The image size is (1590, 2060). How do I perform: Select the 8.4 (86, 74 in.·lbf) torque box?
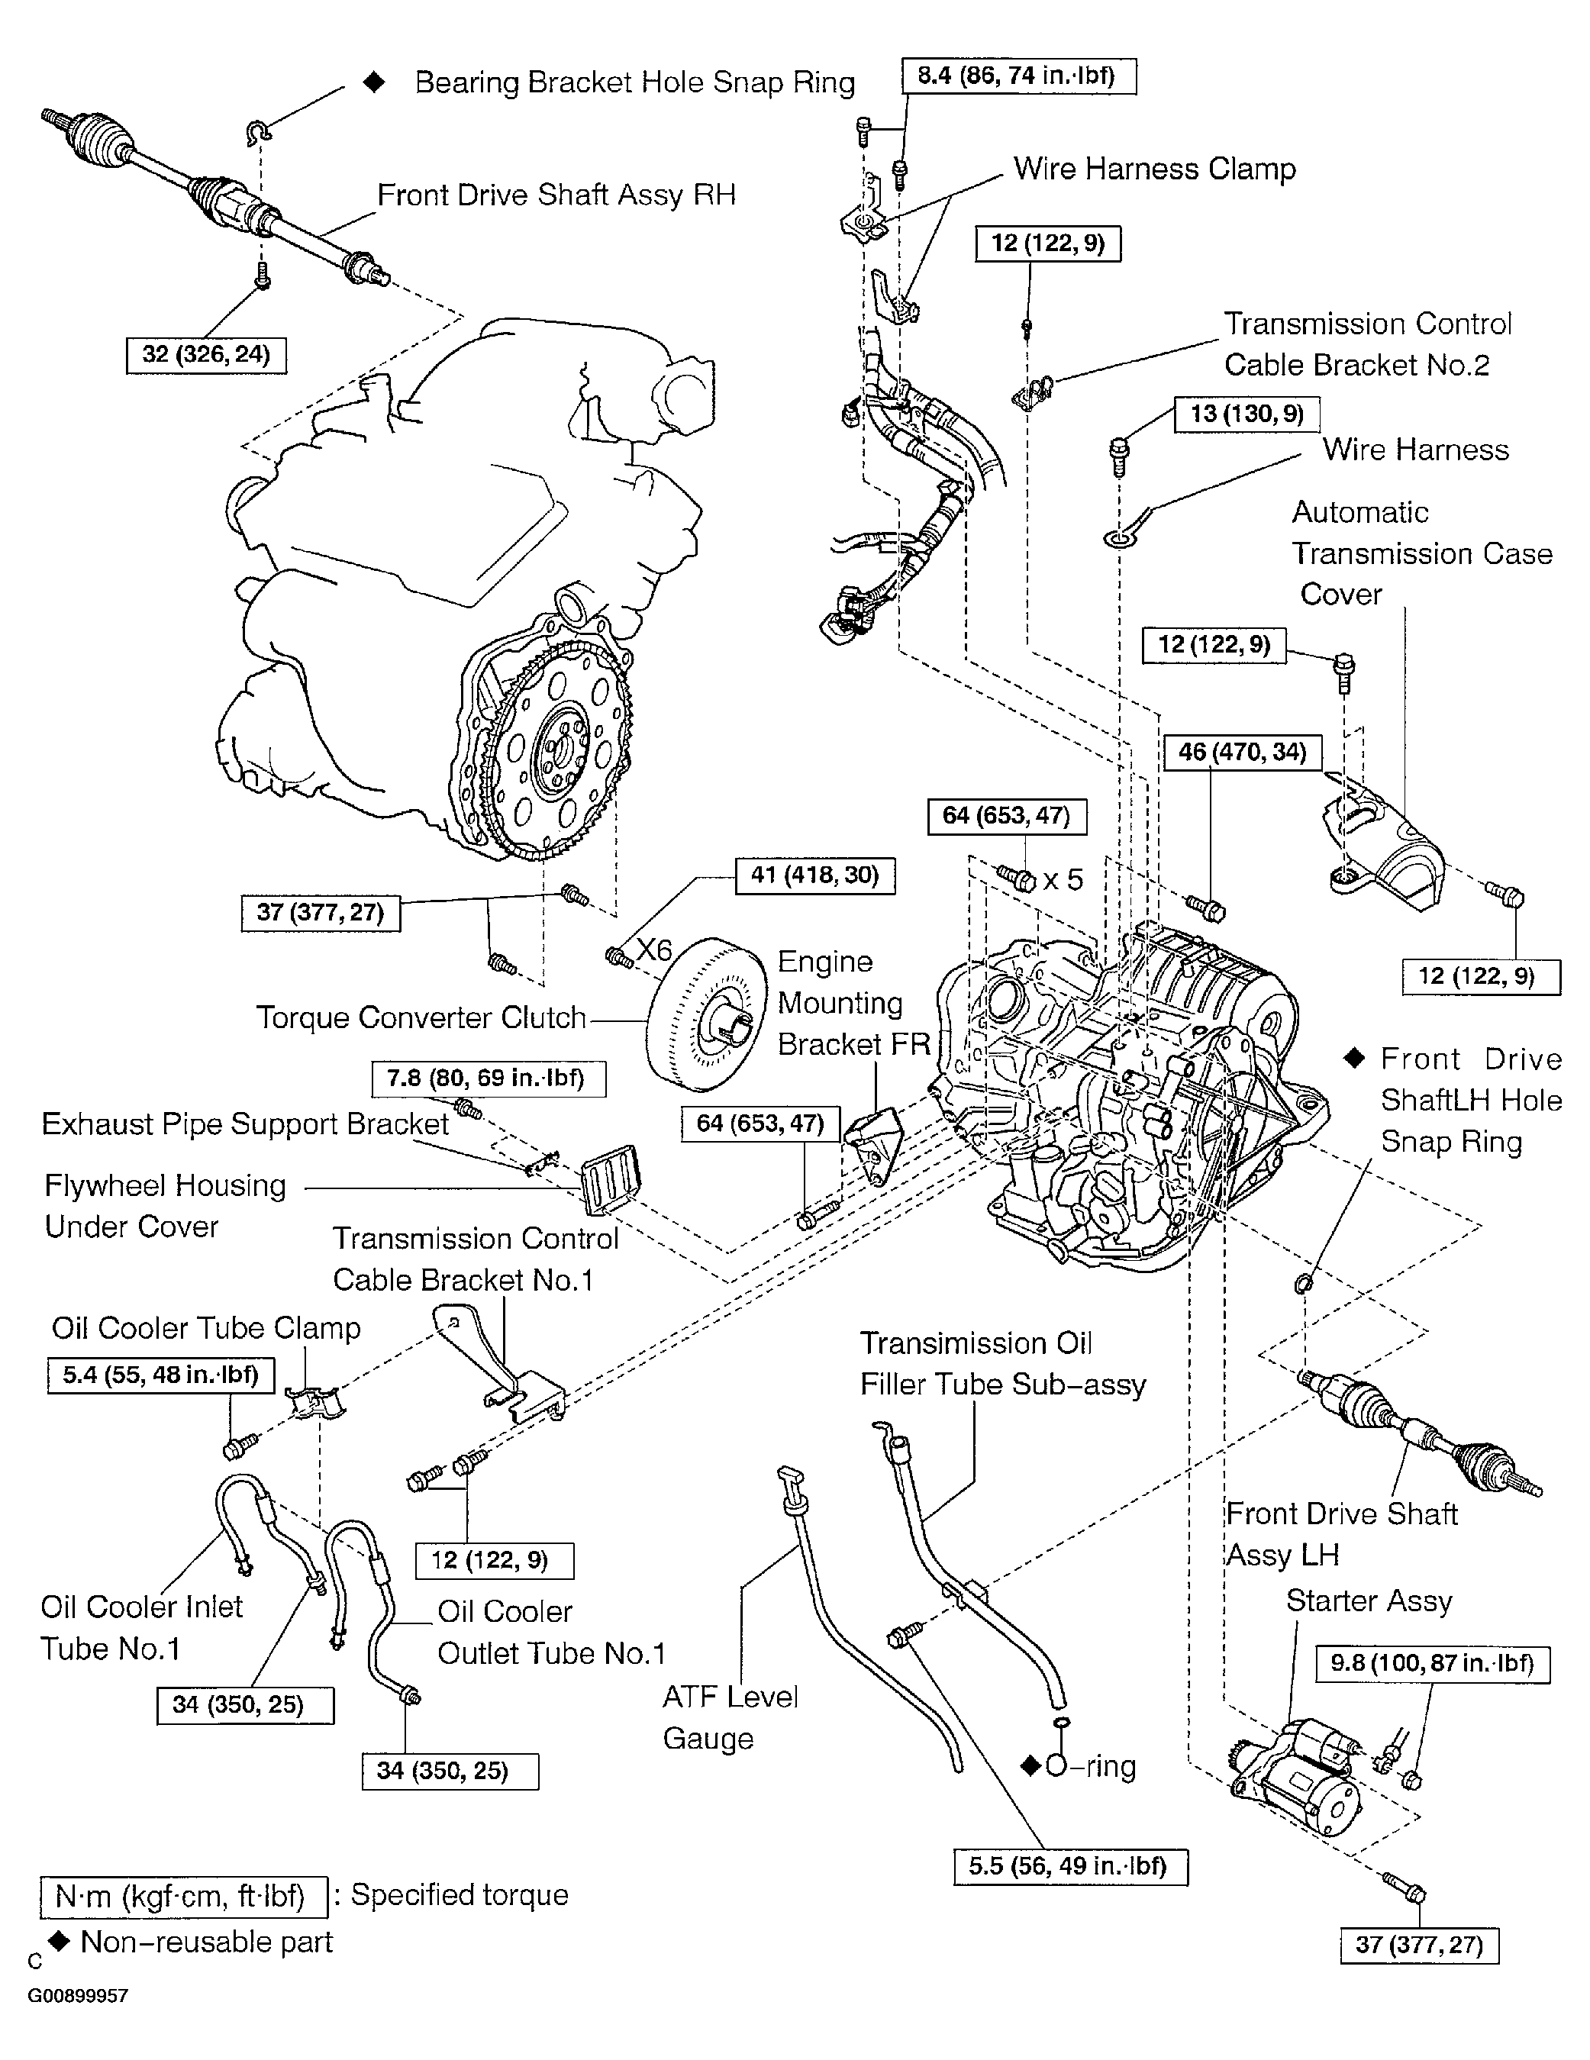[1018, 76]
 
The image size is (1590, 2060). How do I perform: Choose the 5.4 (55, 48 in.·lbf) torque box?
[160, 1375]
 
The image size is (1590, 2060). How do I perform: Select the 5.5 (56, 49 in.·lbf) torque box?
[1070, 1867]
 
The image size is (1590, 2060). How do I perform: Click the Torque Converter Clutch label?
[421, 1017]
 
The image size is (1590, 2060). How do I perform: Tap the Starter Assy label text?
[1369, 1601]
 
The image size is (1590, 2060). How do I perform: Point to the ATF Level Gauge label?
[729, 1717]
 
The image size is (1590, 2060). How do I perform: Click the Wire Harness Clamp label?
[1154, 169]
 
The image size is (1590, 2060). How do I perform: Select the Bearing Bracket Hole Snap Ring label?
[634, 83]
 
